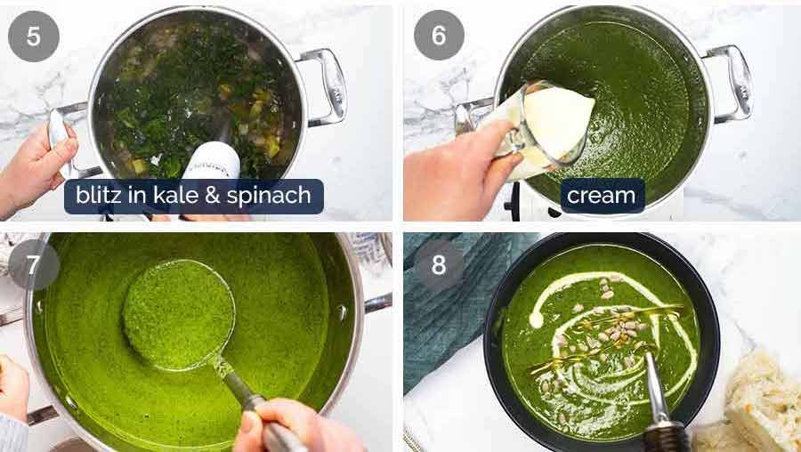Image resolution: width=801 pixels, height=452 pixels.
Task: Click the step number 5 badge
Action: coord(34,36)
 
